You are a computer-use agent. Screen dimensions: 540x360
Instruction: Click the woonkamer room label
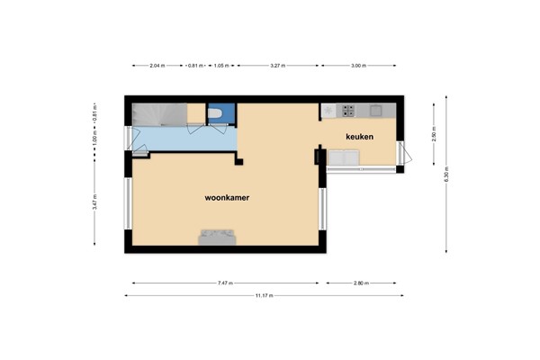227,198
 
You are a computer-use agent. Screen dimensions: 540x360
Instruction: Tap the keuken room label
359,137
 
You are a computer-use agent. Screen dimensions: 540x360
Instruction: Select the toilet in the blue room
216,113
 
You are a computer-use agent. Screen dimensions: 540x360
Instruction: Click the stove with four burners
348,111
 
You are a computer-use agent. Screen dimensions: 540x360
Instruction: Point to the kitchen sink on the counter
375,111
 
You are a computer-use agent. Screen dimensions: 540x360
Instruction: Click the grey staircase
160,114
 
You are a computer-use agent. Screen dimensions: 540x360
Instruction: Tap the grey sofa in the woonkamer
217,238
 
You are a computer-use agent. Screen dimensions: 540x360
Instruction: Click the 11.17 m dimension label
265,295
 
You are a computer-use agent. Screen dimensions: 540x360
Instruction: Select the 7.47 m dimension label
225,283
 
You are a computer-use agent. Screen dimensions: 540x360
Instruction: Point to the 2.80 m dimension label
361,283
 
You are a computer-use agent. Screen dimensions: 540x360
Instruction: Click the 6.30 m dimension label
446,175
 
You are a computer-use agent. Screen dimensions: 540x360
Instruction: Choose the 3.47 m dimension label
95,202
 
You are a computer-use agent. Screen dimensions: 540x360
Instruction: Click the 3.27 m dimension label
277,66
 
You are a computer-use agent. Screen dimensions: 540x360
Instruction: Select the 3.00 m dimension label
358,66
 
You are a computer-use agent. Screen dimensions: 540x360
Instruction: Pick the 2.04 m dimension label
157,66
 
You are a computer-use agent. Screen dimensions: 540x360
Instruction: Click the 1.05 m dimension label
221,66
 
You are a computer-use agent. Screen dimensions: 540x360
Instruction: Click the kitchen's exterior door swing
406,152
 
